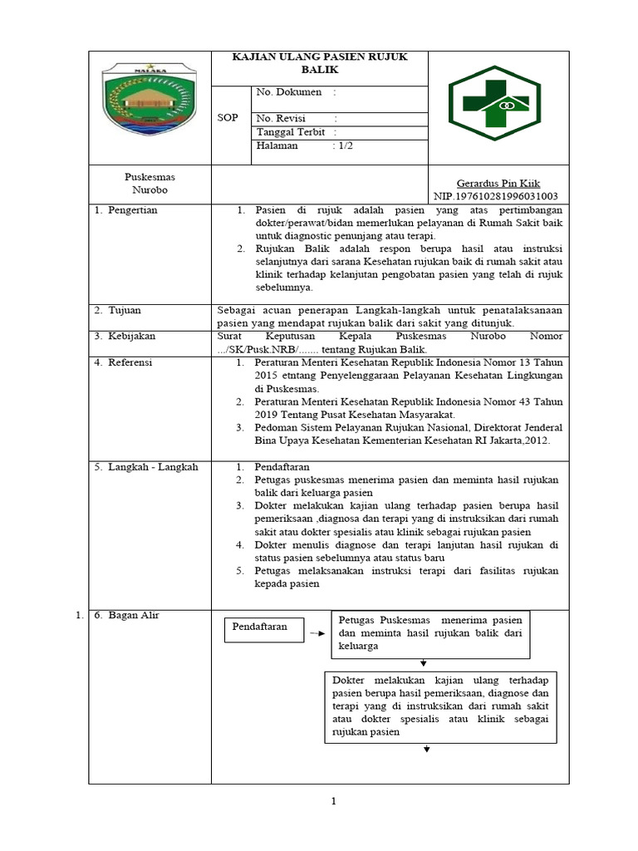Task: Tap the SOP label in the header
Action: tap(228, 118)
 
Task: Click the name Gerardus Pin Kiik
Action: tap(498, 183)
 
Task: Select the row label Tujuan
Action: tap(124, 310)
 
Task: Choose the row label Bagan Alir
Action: tap(133, 615)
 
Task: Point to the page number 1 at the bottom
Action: tap(332, 801)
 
